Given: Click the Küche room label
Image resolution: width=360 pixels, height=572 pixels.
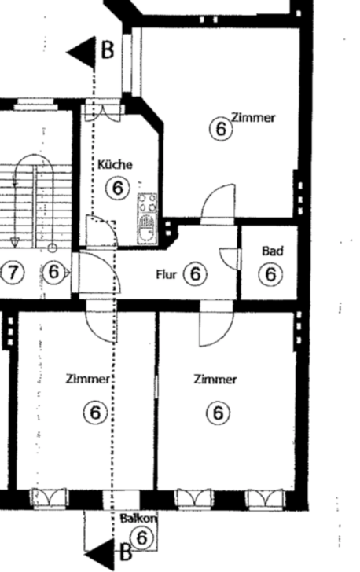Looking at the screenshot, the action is point(115,164).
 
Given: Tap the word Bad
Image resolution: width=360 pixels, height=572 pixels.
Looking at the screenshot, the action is point(273,251).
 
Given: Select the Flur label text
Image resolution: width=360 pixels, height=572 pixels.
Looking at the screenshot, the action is point(166,274).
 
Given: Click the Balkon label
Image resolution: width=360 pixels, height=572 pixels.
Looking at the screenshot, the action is point(138,519).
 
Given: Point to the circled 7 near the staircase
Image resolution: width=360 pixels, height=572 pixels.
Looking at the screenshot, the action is point(13,273).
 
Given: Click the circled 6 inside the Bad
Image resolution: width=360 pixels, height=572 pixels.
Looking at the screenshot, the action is point(270,274).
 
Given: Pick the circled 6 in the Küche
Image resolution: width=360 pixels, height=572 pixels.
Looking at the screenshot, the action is point(118,189).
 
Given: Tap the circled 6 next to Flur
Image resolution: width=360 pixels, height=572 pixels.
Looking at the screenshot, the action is point(196,274).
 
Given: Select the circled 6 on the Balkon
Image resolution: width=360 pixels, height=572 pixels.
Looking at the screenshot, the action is point(141,537).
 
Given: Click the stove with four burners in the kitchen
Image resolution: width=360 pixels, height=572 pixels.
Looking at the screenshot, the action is point(148,203).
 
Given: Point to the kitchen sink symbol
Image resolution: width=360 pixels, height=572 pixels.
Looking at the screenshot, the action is point(147,229).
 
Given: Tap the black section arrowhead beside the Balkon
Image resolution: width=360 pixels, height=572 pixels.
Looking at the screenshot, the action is point(100,554).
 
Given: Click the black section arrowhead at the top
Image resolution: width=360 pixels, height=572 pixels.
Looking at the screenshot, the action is point(81,53).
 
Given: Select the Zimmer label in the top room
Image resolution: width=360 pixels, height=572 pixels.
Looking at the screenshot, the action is point(253,118).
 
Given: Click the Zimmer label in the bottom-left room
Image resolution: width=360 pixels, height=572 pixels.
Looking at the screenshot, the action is point(87,379).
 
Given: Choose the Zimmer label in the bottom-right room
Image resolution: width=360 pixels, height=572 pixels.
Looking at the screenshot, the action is point(215,379).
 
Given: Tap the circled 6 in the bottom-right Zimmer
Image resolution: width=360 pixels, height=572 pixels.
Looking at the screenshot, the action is point(218,413).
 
